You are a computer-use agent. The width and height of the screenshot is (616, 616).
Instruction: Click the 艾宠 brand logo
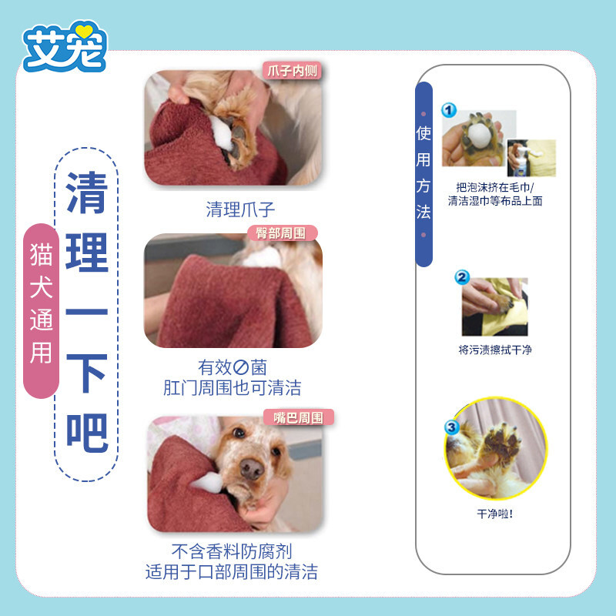click(65, 46)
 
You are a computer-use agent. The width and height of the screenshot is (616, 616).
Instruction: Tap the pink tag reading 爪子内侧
click(293, 71)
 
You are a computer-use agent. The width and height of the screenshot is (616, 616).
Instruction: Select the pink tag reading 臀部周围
click(282, 233)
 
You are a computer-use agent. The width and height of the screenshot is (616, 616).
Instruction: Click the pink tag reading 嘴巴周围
click(299, 417)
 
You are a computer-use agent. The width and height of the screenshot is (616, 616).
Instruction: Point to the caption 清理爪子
click(240, 209)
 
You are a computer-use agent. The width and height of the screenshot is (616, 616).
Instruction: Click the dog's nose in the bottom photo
click(252, 469)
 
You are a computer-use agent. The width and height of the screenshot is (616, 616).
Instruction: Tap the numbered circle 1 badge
click(449, 110)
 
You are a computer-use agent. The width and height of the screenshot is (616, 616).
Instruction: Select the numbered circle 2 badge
click(462, 277)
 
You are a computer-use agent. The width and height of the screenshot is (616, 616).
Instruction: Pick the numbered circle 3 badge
click(452, 427)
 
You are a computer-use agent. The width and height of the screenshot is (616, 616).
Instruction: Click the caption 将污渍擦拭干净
click(495, 350)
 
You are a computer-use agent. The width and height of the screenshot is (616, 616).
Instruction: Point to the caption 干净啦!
click(495, 514)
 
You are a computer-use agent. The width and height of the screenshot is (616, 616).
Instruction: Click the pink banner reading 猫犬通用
click(42, 311)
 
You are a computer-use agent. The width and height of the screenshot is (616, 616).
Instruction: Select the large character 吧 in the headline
click(87, 432)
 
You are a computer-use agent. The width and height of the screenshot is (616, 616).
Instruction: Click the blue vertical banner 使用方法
click(424, 175)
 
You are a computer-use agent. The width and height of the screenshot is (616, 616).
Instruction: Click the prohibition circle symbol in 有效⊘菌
click(241, 368)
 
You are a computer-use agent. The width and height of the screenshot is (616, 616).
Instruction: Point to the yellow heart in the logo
click(84, 31)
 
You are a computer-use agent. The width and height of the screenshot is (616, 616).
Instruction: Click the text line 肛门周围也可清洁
click(233, 388)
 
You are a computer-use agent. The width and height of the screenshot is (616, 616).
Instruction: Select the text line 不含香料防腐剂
click(232, 551)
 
